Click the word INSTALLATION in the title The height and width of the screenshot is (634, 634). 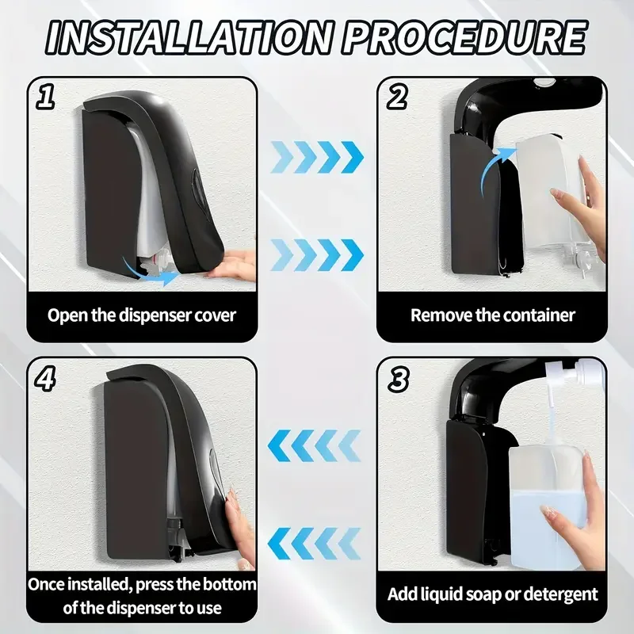click(x=190, y=37)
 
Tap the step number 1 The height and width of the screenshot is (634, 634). click(x=45, y=97)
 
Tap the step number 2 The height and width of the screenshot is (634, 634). click(x=397, y=97)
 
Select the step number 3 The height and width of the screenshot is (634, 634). click(x=399, y=380)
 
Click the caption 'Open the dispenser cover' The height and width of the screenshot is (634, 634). click(x=142, y=315)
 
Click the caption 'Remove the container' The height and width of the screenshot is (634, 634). click(x=492, y=315)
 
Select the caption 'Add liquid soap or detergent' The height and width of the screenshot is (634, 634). click(x=492, y=594)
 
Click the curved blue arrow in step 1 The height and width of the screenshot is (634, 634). click(x=149, y=272)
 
